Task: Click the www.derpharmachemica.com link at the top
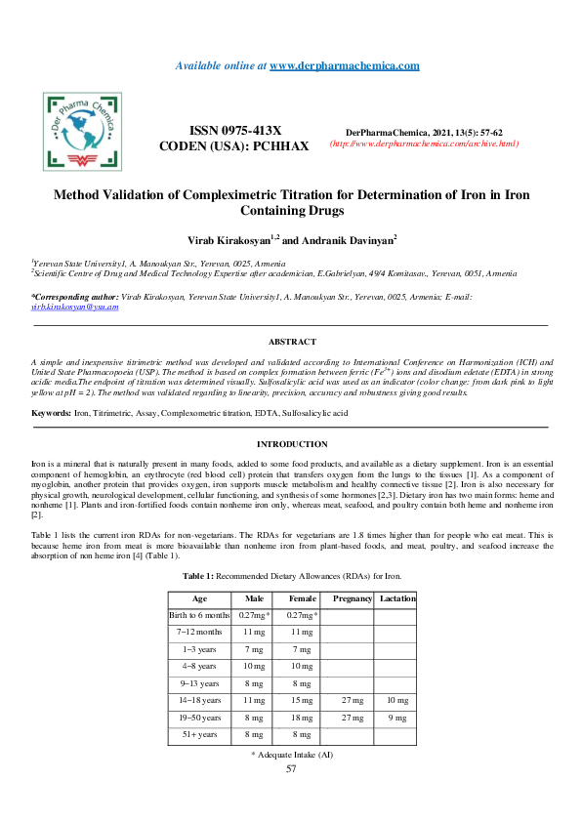(x=344, y=65)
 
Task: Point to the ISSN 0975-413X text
(x=233, y=131)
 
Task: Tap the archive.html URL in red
(x=424, y=144)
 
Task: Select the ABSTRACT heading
(x=292, y=342)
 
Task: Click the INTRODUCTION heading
(x=291, y=444)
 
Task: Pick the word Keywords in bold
(x=52, y=415)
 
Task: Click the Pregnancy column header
(x=353, y=598)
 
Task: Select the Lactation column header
(x=397, y=598)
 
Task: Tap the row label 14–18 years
(x=199, y=700)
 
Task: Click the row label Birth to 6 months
(x=199, y=615)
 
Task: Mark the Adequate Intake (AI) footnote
(x=292, y=755)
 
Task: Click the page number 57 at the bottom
(x=291, y=769)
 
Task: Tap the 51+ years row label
(x=199, y=734)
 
